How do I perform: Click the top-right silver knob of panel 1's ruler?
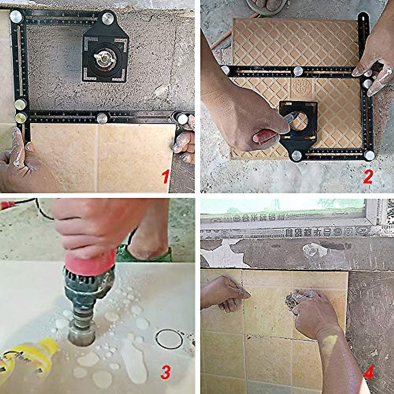(108, 18)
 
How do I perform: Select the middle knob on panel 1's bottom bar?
(102, 118)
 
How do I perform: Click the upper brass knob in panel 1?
(20, 105)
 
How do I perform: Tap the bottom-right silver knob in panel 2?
(369, 155)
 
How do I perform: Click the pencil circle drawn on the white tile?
(169, 339)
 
